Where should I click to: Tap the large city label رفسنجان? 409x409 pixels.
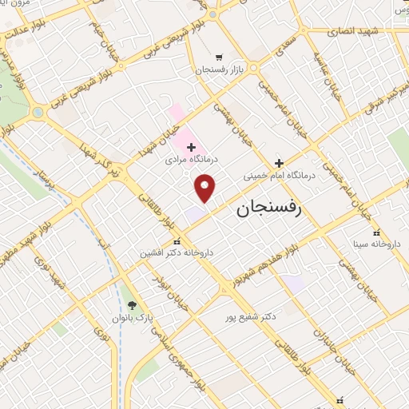point(268,209)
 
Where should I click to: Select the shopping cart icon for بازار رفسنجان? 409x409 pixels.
point(219,58)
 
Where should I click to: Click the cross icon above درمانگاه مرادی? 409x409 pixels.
point(191,147)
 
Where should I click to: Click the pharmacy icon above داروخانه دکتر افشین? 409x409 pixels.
point(177,241)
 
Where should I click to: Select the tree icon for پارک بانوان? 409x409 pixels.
point(133,305)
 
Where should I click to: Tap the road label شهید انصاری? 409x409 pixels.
point(353,30)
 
